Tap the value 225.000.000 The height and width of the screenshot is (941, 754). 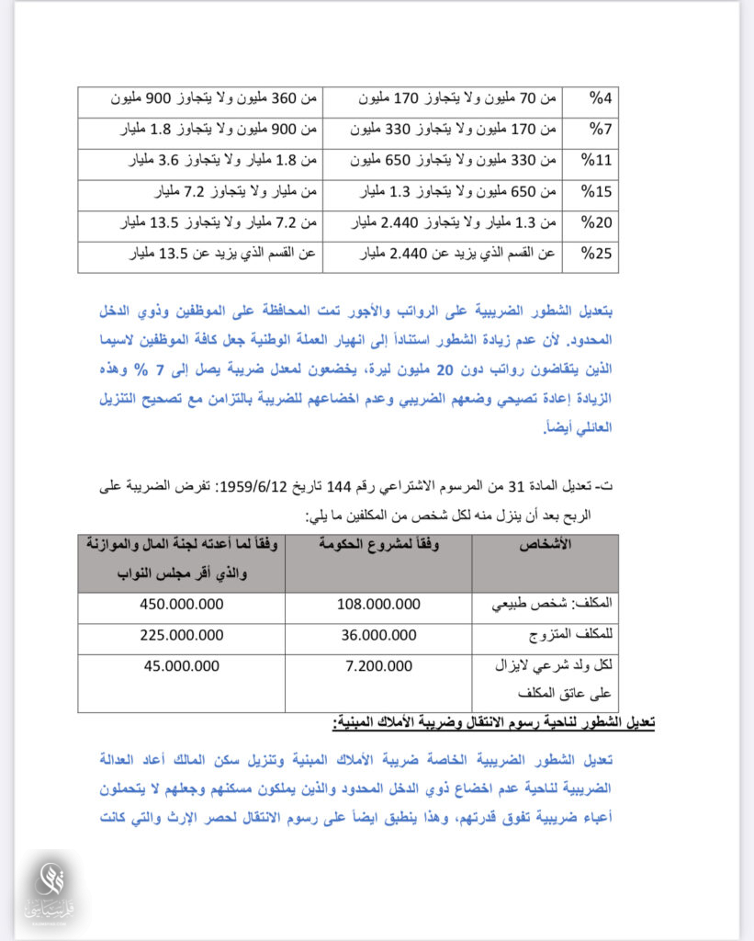point(182,635)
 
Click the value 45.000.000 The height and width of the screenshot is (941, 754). point(182,666)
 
